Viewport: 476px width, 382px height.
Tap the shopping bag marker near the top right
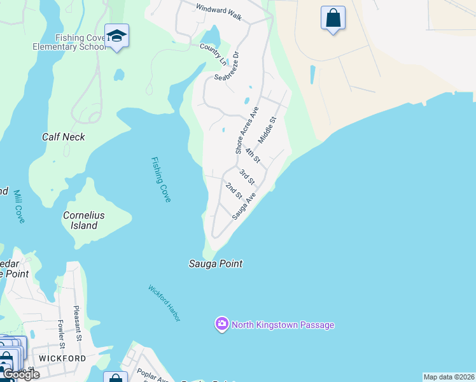[333, 18]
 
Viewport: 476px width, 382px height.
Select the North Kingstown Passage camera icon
[221, 324]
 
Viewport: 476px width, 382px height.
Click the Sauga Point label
[216, 264]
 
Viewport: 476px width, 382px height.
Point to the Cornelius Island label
[83, 220]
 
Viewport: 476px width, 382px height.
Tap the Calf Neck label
[63, 137]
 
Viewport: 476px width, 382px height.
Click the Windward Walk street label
[219, 13]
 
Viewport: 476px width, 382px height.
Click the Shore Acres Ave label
[247, 130]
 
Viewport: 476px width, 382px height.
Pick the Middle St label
[268, 129]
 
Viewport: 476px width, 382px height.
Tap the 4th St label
[253, 155]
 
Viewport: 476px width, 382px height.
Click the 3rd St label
[246, 176]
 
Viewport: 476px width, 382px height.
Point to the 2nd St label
[234, 190]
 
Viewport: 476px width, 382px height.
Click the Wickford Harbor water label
[164, 302]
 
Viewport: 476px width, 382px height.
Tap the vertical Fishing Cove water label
[160, 180]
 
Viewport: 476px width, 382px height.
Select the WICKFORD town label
[62, 358]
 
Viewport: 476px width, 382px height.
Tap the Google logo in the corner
[20, 374]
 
